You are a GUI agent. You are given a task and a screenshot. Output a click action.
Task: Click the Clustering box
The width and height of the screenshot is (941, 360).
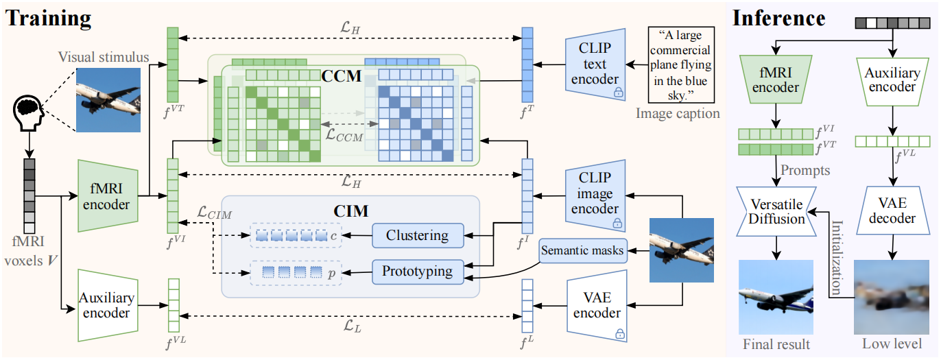pyautogui.click(x=418, y=235)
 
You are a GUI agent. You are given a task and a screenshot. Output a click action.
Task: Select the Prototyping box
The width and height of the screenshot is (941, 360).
pyautogui.click(x=418, y=272)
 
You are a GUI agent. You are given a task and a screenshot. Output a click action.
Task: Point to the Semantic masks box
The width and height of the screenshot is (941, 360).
pyautogui.click(x=582, y=250)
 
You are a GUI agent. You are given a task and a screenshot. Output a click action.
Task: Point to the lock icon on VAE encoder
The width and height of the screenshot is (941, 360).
pyautogui.click(x=620, y=334)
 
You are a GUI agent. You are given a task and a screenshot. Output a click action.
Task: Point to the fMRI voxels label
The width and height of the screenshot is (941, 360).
pyautogui.click(x=29, y=251)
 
